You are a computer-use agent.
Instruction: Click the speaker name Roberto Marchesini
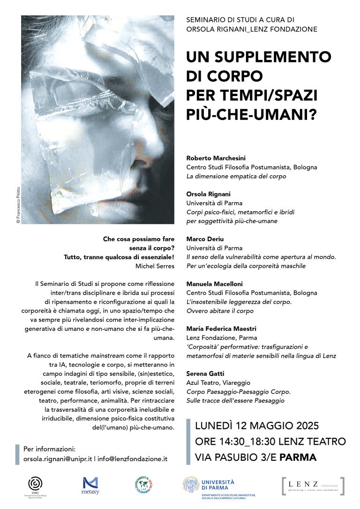[216, 158]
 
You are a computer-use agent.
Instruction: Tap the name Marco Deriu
[204, 239]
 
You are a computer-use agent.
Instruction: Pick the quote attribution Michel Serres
[154, 266]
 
